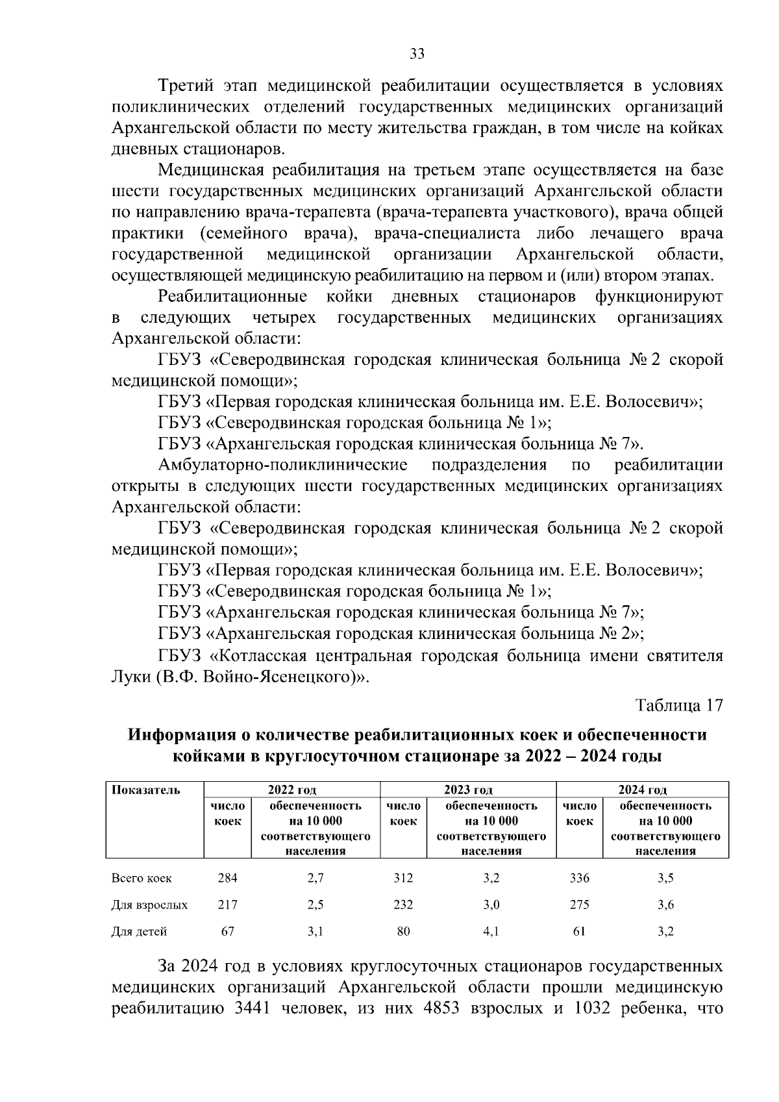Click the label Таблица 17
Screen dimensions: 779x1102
click(679, 705)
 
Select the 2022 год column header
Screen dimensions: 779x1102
click(291, 790)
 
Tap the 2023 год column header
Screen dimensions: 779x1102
click(468, 790)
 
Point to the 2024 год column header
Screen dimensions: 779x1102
click(642, 790)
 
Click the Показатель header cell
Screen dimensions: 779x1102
click(145, 790)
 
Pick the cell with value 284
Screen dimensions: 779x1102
click(227, 878)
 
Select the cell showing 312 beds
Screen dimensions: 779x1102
click(403, 878)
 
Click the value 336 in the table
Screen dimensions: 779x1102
click(579, 878)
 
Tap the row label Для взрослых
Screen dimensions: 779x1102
click(149, 905)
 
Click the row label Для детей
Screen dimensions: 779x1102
click(139, 931)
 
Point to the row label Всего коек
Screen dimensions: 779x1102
click(142, 878)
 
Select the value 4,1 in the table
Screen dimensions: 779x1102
click(491, 931)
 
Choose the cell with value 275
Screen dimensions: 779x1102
click(579, 905)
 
